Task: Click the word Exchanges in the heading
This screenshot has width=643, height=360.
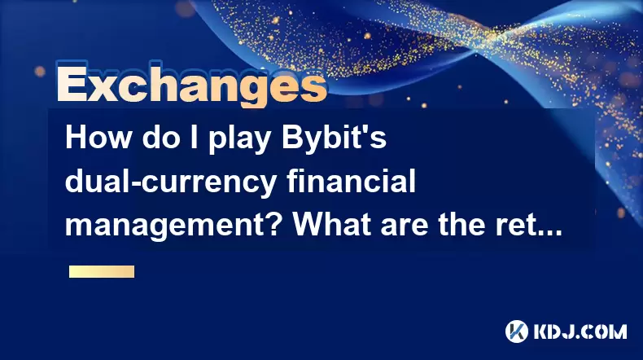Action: click(x=192, y=85)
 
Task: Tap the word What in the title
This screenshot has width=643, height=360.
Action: click(x=331, y=225)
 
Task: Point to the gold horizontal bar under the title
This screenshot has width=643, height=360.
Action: click(x=102, y=271)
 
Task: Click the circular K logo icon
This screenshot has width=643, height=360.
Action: click(x=517, y=331)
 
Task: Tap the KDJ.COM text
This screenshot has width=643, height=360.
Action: click(x=580, y=331)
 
